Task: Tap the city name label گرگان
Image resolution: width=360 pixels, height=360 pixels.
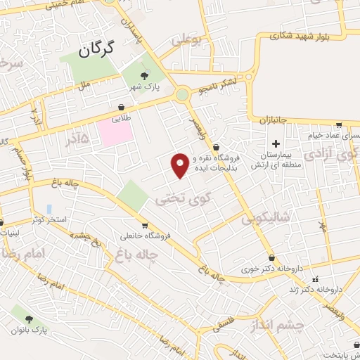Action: [96, 50]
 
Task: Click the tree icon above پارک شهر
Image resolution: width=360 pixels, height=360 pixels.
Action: [145, 76]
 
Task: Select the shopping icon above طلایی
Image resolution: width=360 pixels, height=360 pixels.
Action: [122, 107]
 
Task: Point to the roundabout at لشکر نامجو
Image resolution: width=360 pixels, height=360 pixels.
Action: [183, 94]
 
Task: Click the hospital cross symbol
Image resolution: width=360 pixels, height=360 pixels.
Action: [276, 144]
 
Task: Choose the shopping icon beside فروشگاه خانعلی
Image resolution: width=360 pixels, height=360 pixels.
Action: [144, 226]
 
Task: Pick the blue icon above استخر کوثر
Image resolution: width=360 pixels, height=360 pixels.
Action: [49, 209]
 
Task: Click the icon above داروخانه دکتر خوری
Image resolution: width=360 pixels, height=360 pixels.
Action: [271, 258]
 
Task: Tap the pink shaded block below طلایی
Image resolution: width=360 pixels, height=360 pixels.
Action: [114, 132]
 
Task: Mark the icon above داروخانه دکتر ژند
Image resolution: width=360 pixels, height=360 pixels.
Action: [314, 277]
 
